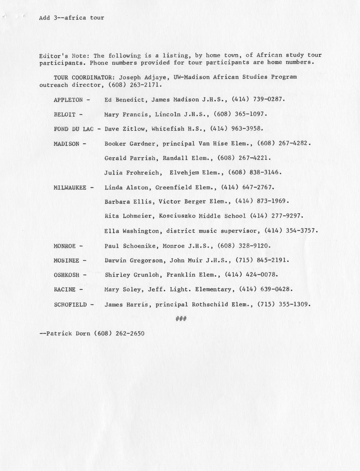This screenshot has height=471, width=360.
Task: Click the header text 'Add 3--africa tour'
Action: coord(71,18)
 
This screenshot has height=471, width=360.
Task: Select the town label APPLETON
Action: coord(68,100)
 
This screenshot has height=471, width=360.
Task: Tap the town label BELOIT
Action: coord(64,115)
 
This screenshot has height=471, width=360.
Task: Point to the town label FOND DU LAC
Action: coord(74,129)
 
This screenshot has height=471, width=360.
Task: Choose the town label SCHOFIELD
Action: coord(70,304)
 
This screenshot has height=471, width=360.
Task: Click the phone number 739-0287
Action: coord(268,99)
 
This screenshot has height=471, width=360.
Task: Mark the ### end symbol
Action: coord(181,319)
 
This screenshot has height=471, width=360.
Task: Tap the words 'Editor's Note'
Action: coord(64,56)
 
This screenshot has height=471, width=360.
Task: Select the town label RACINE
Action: coord(65,290)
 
